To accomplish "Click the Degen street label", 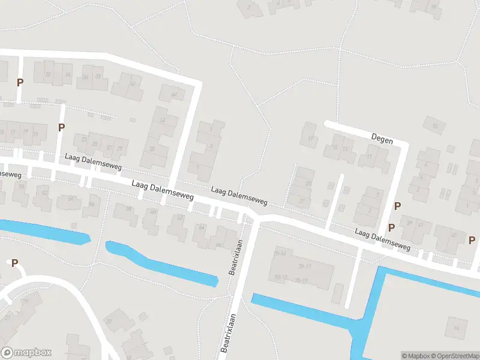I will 382,140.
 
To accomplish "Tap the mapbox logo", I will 26,353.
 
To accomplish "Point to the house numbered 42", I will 133,83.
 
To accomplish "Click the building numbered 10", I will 434,125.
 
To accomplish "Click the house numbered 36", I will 86,77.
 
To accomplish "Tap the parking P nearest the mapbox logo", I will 14,263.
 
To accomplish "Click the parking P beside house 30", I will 20,82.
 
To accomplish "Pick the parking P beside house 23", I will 61,127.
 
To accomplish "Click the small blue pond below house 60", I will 162,264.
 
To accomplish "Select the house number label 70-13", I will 280,277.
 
